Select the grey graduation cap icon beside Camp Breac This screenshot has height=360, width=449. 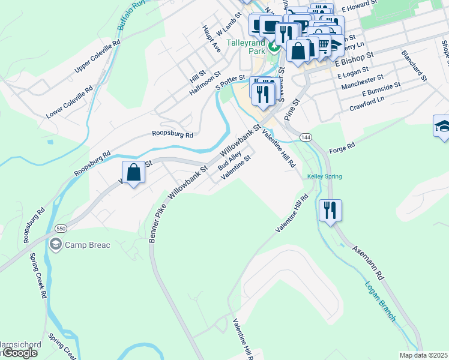(x=56, y=244)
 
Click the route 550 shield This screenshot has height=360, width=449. (x=60, y=229)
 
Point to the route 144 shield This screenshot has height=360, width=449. (x=306, y=137)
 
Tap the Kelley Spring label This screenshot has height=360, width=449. (x=324, y=176)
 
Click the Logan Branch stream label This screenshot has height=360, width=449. (x=380, y=301)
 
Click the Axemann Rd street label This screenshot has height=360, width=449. (x=372, y=265)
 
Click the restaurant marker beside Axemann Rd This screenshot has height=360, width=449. (x=330, y=211)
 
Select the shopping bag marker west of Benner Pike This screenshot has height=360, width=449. (x=134, y=173)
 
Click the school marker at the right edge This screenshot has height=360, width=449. (x=441, y=127)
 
